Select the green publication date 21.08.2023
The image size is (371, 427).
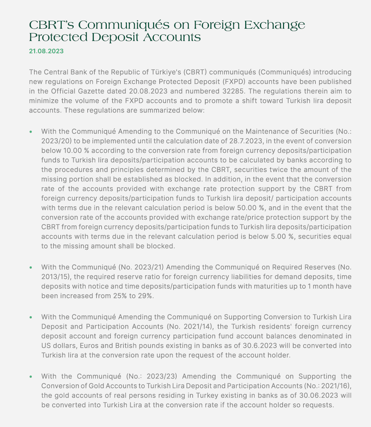click(46, 51)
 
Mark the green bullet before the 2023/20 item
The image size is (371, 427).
click(31, 132)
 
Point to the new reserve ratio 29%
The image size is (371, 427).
click(145, 296)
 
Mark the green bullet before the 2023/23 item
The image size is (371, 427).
click(31, 377)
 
